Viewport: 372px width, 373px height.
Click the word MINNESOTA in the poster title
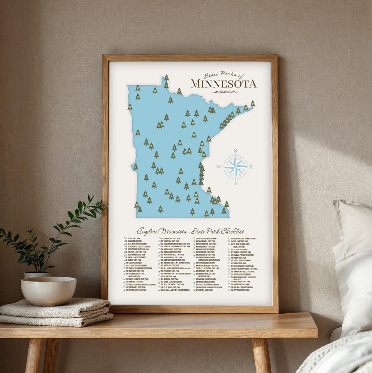(x=224, y=84)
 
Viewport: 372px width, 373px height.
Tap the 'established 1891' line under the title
(x=226, y=92)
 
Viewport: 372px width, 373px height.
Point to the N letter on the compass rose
(x=235, y=151)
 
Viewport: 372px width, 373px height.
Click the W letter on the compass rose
(x=218, y=167)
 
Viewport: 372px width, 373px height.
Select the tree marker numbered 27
(x=252, y=103)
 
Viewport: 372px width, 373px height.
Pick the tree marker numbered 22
(x=166, y=78)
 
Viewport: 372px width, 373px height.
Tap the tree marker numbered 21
(x=209, y=189)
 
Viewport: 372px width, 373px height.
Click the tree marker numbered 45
(x=180, y=171)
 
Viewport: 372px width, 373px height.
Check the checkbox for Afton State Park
(x=125, y=238)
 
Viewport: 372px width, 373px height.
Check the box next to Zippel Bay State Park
(x=230, y=290)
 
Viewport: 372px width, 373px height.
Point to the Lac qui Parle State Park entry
(x=206, y=238)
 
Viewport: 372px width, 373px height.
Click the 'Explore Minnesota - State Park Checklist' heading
(x=190, y=231)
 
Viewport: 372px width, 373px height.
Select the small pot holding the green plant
(x=37, y=274)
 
